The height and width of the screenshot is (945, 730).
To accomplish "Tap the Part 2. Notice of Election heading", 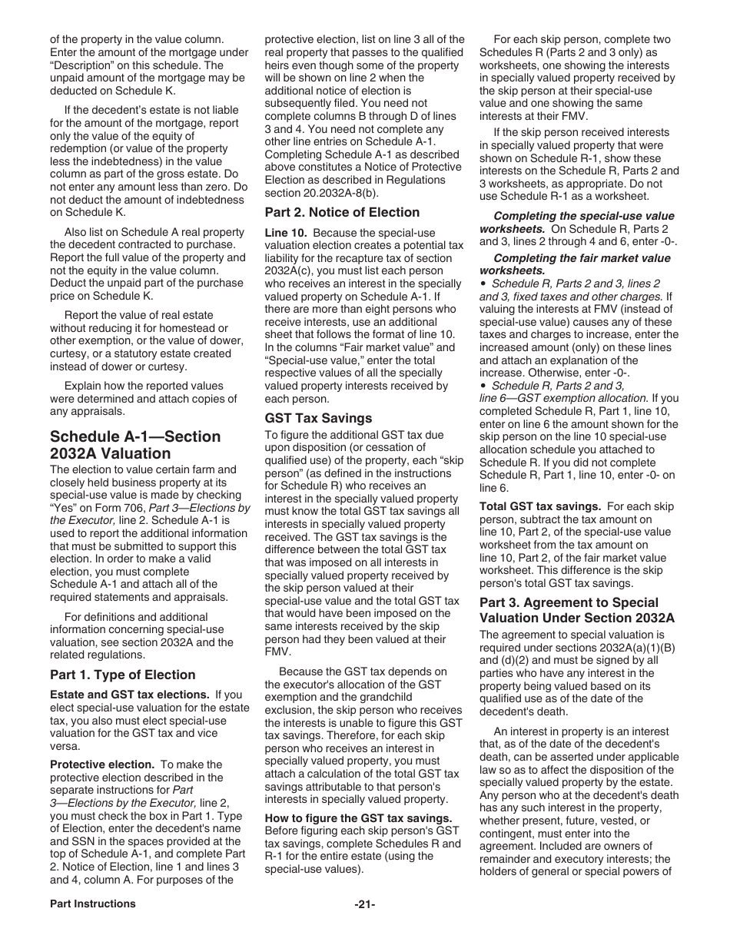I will [342, 212].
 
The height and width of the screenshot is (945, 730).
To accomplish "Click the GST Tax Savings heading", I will [318, 418].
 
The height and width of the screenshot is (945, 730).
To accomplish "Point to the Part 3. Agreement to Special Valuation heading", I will [576, 610].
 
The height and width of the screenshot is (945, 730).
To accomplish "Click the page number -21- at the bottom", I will [365, 904].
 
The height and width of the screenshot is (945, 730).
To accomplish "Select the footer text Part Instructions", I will [93, 904].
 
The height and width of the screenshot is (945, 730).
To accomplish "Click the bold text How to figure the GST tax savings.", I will [358, 818].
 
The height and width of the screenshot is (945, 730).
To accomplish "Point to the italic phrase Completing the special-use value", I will [583, 216].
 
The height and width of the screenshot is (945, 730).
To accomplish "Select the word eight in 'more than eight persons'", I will [403, 309].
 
